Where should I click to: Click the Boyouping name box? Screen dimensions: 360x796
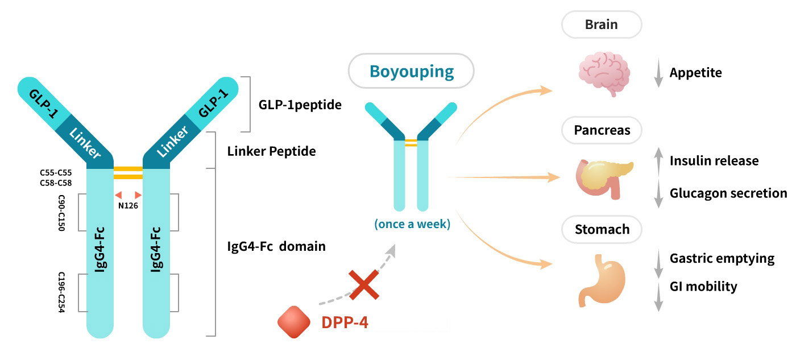[x=411, y=71]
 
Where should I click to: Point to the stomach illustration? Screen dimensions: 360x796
[x=603, y=279]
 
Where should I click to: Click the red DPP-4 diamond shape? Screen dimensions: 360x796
[x=293, y=322]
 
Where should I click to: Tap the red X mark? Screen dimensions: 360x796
[x=364, y=284]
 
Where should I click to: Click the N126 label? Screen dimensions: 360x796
[x=128, y=205]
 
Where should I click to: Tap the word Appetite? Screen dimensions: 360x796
[x=695, y=73]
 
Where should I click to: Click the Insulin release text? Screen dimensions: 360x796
[x=714, y=161]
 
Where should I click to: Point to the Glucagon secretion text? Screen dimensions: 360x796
[x=728, y=193]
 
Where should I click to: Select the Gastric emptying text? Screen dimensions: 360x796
[x=722, y=259]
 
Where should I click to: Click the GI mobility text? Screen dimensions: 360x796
[x=703, y=286]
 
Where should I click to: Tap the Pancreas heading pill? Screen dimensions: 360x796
[x=602, y=130]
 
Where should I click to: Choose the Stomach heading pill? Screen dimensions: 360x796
[x=602, y=230]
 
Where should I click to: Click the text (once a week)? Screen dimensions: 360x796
[x=412, y=224]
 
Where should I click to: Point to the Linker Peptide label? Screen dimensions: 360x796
[x=271, y=152]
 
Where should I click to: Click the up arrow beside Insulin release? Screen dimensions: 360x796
[x=658, y=160]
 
